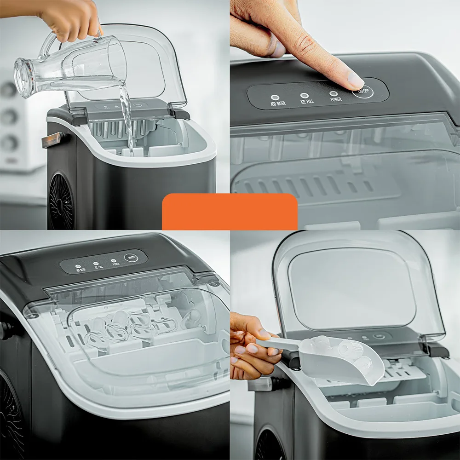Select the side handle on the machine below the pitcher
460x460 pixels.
52,139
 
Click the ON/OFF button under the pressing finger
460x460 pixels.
363,91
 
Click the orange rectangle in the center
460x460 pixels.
230,211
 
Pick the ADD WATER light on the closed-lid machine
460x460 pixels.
78,266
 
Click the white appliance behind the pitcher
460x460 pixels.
14,124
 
